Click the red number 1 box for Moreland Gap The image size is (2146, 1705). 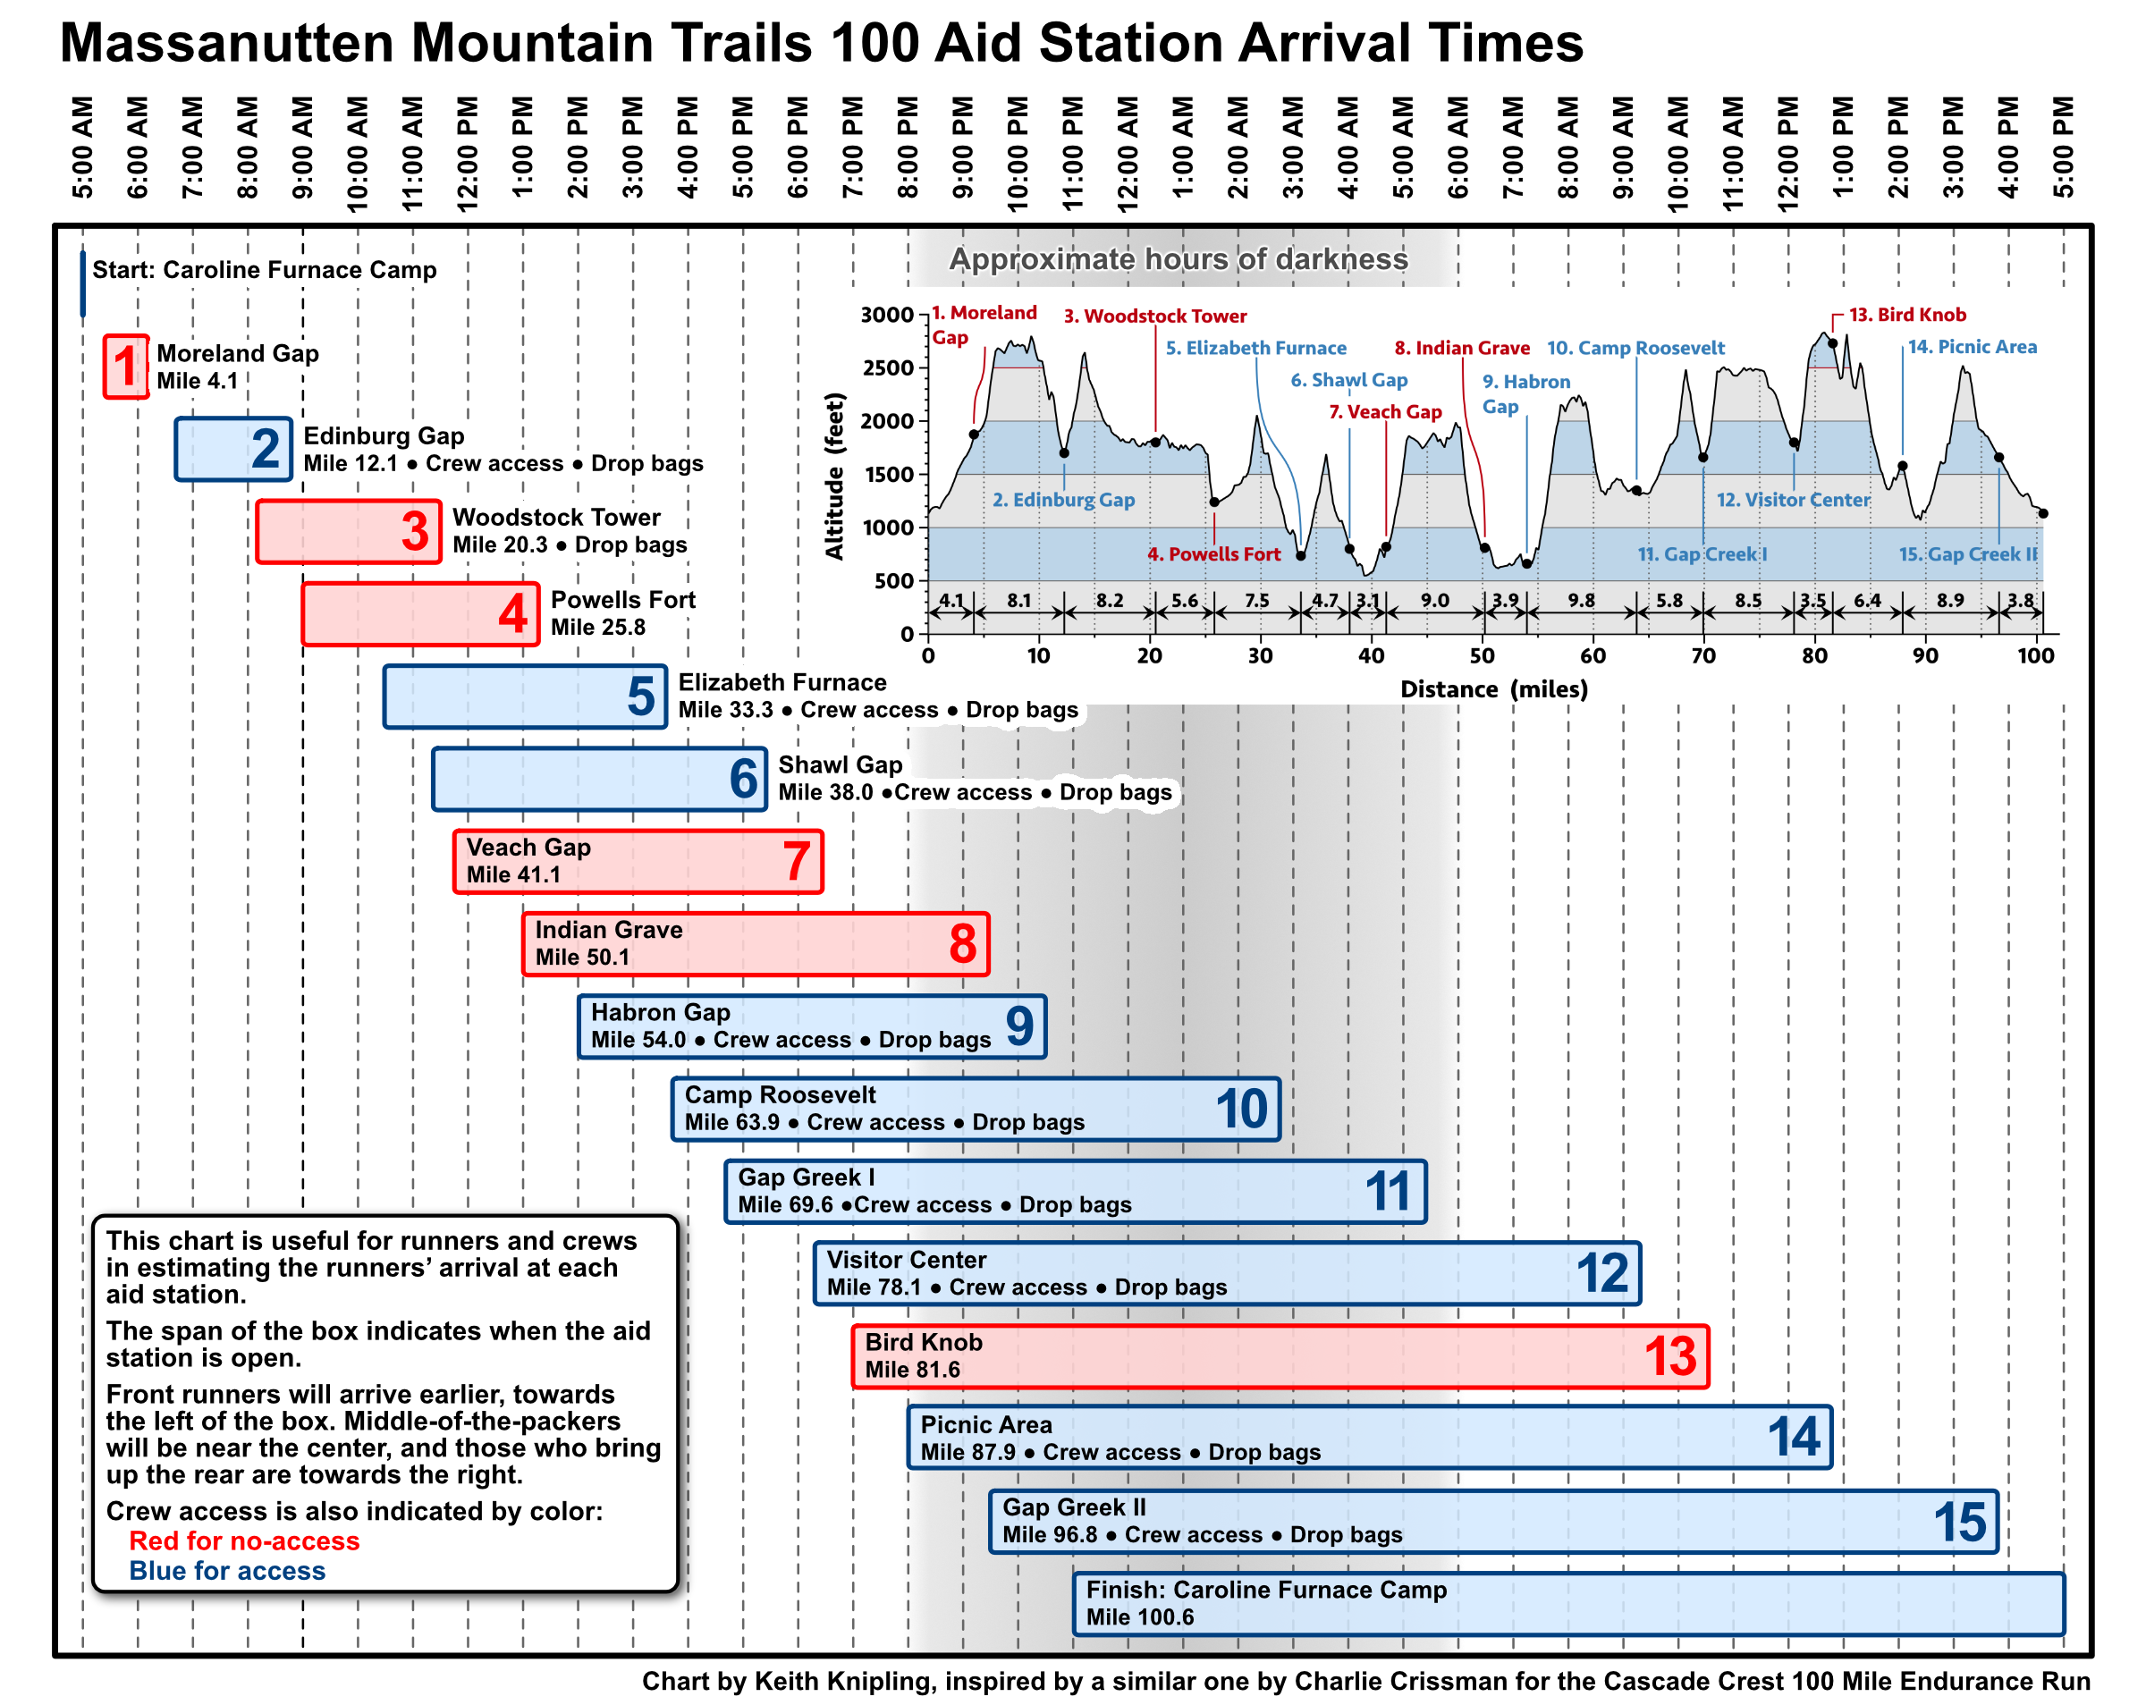[125, 367]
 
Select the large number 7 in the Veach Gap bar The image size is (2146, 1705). [795, 861]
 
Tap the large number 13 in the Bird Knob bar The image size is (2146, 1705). [1669, 1355]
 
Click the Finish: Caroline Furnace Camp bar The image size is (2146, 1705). [1567, 1602]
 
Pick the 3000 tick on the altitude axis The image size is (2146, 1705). [887, 316]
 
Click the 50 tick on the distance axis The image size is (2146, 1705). [1483, 656]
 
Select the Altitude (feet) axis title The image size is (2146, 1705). [834, 476]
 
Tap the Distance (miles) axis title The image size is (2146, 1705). [1493, 688]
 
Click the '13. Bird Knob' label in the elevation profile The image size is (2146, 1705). [1906, 315]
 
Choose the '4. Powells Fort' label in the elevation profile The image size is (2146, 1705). [1213, 554]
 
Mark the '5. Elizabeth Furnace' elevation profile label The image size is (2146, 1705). [1255, 348]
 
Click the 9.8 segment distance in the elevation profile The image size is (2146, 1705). [1581, 600]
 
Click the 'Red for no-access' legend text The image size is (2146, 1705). [244, 1540]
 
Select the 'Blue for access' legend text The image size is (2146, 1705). [227, 1570]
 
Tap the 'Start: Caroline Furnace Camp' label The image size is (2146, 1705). [264, 270]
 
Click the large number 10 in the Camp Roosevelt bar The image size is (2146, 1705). [1240, 1109]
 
